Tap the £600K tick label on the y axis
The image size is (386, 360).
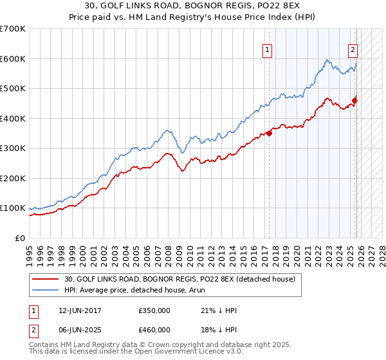point(13,59)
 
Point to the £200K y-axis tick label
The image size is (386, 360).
point(13,178)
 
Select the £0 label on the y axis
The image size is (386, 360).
point(19,238)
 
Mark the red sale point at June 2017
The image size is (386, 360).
point(269,134)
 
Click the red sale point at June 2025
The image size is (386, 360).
point(355,100)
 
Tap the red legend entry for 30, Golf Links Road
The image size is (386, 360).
point(179,279)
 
